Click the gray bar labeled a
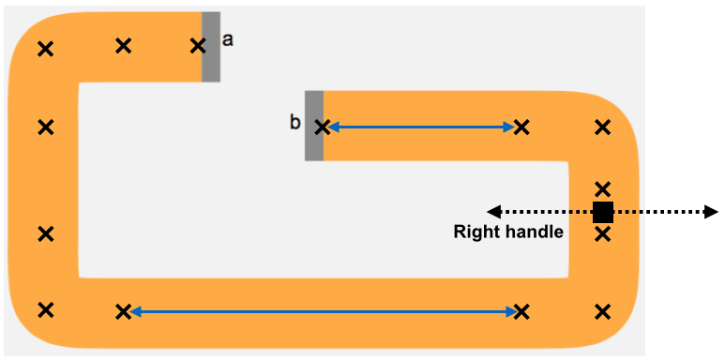pyautogui.click(x=211, y=47)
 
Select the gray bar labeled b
pyautogui.click(x=314, y=126)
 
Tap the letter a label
pyautogui.click(x=228, y=40)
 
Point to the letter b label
pyautogui.click(x=295, y=123)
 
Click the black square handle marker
pyautogui.click(x=603, y=212)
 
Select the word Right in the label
pyautogui.click(x=477, y=232)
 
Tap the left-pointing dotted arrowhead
pyautogui.click(x=494, y=212)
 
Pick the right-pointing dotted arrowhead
pyautogui.click(x=711, y=212)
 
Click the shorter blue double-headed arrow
pyautogui.click(x=422, y=127)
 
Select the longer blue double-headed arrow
pyautogui.click(x=323, y=313)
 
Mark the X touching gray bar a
pyautogui.click(x=198, y=46)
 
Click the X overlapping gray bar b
pyautogui.click(x=323, y=127)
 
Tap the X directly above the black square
pyautogui.click(x=602, y=188)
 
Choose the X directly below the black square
pyautogui.click(x=602, y=234)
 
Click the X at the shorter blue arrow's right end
pyautogui.click(x=521, y=127)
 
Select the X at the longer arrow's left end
pyautogui.click(x=123, y=311)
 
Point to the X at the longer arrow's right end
pyautogui.click(x=521, y=312)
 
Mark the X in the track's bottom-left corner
pyautogui.click(x=45, y=309)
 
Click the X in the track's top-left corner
pyautogui.click(x=45, y=49)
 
